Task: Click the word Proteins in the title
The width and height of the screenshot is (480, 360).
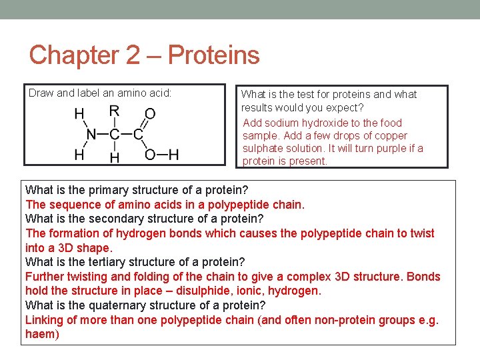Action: [x=214, y=55]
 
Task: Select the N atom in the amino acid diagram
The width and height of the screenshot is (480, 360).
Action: [x=91, y=135]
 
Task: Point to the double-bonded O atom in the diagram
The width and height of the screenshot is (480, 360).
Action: [x=150, y=114]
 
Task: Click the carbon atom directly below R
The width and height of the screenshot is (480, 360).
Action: [x=114, y=135]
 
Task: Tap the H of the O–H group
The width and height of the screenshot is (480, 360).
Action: [x=173, y=155]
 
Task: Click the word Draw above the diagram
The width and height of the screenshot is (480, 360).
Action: [x=41, y=93]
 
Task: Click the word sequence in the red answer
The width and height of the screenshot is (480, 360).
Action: [x=70, y=205]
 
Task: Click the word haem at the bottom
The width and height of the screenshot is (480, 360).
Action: [x=40, y=334]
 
